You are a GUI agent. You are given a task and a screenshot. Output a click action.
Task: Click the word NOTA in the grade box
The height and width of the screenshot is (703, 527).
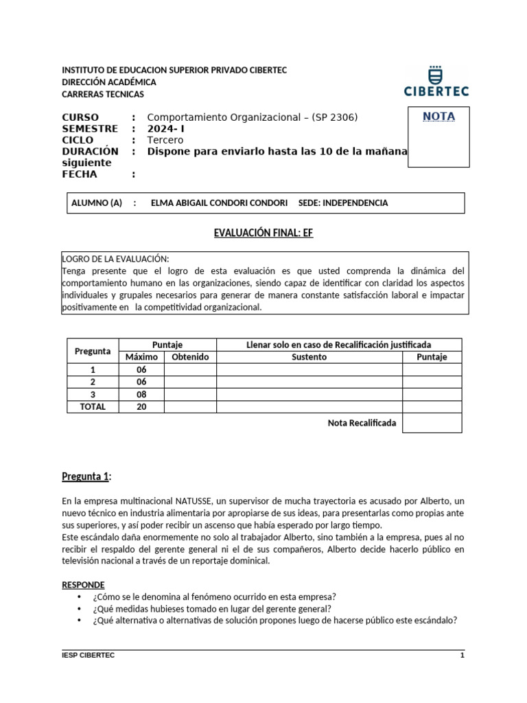[438, 117]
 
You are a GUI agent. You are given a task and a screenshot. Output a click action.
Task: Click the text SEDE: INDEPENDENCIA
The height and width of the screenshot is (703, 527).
[343, 203]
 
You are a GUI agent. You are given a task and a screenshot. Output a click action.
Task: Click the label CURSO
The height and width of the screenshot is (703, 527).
[80, 117]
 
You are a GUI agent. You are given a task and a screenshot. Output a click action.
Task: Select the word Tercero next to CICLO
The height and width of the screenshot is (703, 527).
[166, 140]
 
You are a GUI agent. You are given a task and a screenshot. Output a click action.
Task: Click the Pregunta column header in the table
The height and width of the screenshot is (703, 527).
[93, 351]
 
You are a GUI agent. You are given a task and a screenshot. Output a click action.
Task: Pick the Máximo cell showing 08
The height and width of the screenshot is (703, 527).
[141, 394]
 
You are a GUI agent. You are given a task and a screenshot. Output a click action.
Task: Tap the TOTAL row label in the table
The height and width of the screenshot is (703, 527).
[93, 406]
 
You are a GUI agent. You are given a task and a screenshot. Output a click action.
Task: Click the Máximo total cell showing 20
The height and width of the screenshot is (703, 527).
[141, 406]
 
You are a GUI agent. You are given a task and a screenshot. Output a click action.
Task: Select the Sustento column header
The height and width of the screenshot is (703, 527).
[309, 357]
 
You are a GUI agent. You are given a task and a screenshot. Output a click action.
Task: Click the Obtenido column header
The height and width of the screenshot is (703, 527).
[190, 357]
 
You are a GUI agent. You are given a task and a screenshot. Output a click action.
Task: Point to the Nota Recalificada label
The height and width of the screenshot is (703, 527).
[362, 423]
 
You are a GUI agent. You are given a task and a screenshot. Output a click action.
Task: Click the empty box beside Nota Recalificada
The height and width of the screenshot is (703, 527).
[432, 423]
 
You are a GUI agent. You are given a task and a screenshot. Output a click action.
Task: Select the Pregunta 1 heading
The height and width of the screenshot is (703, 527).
[86, 477]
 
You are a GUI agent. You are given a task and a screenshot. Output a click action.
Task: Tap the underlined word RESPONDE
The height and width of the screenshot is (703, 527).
[83, 585]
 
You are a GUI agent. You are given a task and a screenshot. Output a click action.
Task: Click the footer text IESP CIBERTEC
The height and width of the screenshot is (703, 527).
[88, 656]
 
